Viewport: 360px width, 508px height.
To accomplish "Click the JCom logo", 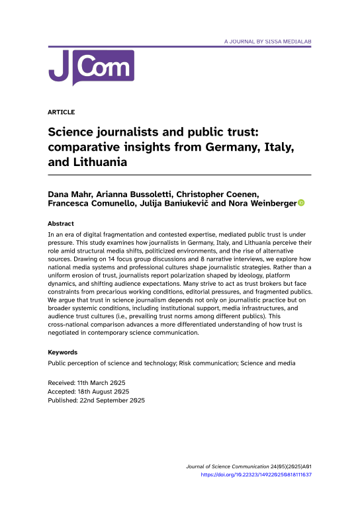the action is coord(91,67).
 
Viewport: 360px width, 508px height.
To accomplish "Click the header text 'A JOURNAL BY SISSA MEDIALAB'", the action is coord(267,41).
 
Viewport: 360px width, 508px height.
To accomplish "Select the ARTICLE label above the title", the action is coord(62,112).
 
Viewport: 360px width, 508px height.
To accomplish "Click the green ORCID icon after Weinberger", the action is coord(301,203).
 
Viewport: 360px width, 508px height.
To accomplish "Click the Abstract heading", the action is coord(62,224).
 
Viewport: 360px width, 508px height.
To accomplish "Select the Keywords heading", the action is coord(64,353).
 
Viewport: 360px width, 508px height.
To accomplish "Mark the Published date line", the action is coord(97,400).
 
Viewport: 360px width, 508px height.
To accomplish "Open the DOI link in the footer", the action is coord(255,474).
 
